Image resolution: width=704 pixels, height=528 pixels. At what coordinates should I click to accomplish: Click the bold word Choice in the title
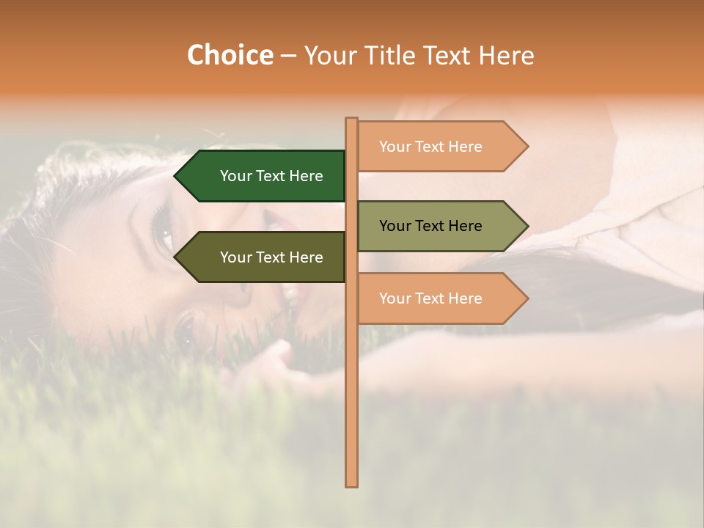pos(230,55)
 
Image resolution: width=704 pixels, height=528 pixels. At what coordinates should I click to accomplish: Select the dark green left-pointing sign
pos(264,176)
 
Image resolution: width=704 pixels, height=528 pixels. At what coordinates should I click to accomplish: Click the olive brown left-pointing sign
pos(264,257)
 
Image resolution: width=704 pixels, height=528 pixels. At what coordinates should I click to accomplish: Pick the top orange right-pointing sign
pos(436,147)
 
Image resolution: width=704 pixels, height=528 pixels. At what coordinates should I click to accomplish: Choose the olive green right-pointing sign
pos(436,226)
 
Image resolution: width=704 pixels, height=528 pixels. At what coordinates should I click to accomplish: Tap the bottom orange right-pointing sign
pos(436,298)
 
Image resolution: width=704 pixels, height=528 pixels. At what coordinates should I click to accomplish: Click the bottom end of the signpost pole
pos(351,484)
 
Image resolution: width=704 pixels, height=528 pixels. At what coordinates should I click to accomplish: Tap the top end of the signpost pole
pos(351,120)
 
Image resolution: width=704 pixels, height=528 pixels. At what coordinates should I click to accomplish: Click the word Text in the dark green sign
pos(271,176)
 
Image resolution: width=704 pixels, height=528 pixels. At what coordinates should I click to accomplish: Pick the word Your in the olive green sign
pos(395,226)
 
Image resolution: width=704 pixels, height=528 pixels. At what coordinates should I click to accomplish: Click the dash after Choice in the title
pos(288,56)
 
